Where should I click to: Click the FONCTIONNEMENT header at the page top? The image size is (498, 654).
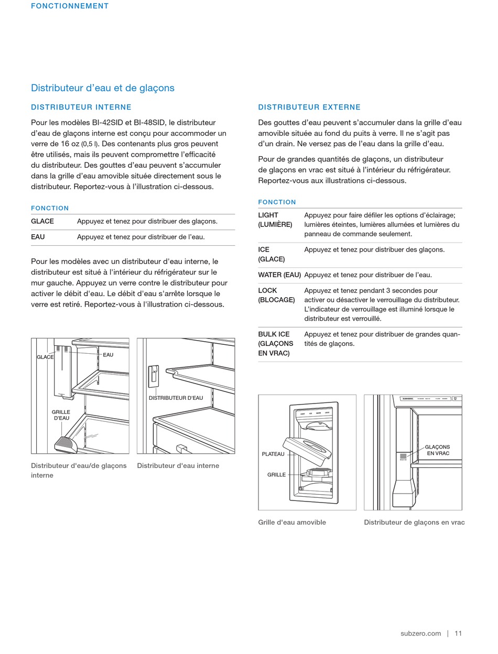70,6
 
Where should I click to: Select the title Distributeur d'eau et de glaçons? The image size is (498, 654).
103,88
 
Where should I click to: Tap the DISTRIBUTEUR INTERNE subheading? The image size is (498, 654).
81,107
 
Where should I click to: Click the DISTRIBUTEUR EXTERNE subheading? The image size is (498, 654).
309,107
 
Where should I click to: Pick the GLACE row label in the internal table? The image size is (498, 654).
42,221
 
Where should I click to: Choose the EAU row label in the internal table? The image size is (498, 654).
38,237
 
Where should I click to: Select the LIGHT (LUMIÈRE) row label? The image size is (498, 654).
275,220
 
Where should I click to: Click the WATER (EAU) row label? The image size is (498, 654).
279,275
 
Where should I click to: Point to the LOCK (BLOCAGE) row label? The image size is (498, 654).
276,295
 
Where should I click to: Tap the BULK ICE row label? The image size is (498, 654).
276,344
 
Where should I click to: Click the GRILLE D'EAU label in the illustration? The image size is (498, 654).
61,415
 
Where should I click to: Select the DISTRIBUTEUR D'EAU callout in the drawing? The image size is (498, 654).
176,398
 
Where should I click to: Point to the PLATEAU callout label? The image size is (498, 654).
273,454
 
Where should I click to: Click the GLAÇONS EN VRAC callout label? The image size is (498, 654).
438,450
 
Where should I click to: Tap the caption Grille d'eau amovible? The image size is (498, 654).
292,522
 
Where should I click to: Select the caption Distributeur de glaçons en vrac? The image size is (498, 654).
414,522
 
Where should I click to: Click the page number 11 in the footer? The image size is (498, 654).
458,634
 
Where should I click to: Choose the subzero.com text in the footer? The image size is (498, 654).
420,634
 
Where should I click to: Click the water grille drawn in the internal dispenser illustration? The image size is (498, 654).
67,444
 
